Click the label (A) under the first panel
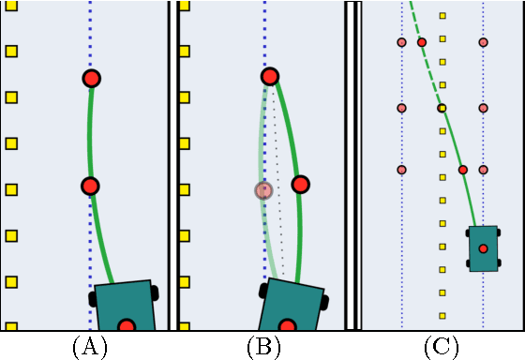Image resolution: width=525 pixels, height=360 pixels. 89,347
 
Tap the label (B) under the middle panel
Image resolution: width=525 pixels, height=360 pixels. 263,347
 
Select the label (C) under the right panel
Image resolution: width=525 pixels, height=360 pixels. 441,347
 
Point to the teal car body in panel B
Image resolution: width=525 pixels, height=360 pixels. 291,305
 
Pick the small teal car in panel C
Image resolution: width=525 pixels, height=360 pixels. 483,248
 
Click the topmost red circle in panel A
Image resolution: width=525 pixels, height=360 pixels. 91,78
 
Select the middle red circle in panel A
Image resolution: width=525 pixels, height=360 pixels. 90,186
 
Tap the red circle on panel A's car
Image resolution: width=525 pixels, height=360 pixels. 127,325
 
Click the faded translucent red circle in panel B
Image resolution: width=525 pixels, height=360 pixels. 263,190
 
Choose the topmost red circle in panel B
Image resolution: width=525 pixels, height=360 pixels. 270,76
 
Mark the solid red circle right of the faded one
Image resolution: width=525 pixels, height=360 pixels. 300,184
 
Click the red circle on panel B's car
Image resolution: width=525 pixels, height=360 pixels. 288,325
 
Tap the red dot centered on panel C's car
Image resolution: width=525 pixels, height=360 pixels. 483,248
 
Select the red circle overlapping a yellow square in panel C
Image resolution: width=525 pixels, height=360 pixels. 442,108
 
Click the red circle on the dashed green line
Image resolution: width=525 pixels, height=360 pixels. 422,42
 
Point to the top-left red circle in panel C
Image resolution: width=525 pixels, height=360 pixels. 401,42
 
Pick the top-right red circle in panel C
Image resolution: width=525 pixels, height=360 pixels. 483,42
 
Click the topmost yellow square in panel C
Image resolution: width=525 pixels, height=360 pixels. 442,16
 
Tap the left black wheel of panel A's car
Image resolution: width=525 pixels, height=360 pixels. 93,299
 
